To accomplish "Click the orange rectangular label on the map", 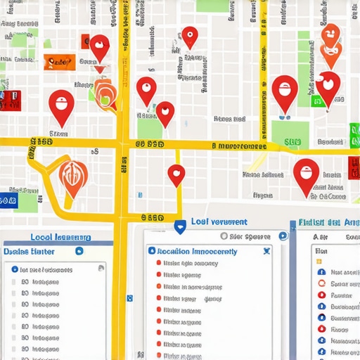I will coord(58,63).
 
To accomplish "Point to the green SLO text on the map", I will coord(292,142).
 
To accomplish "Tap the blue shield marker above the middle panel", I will coord(180,226).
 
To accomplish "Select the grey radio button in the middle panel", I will coord(224,237).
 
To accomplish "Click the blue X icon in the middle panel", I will coord(266,250).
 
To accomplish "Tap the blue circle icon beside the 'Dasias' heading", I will coord(79,251).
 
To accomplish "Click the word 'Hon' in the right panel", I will coord(322,250).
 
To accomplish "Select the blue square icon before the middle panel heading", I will coord(151,251).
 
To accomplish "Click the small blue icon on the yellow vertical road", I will coord(129,298).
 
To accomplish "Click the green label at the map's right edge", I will coord(354,132).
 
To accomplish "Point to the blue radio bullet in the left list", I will coord(15,269).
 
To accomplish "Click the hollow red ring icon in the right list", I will coord(321,283).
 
